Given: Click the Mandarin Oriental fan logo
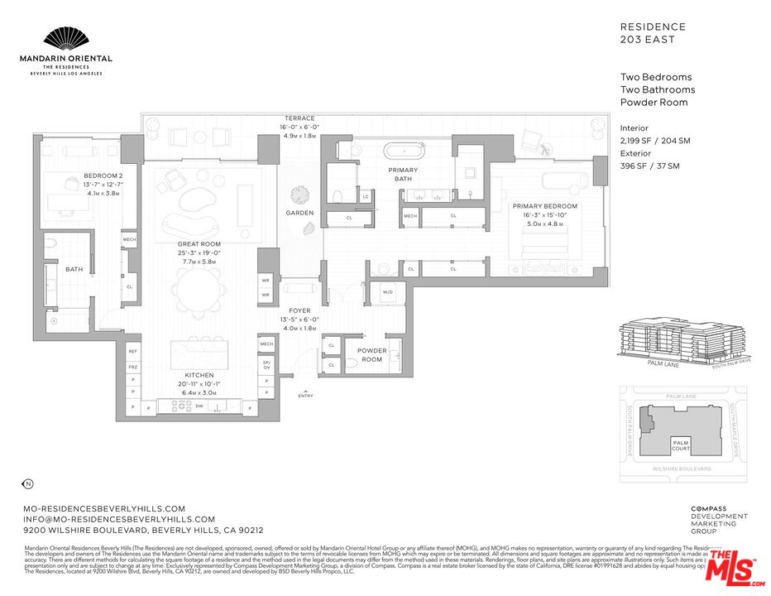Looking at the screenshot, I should click(x=65, y=39).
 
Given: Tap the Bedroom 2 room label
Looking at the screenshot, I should click(x=103, y=176).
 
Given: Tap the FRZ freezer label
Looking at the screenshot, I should click(x=132, y=366).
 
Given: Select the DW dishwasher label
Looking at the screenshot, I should click(x=199, y=406).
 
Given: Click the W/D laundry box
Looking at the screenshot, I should click(x=386, y=291).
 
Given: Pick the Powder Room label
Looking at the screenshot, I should click(x=371, y=354).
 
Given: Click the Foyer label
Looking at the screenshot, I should click(x=299, y=310).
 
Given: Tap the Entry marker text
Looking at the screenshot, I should click(x=306, y=396).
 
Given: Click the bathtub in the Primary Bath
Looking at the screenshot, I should click(x=405, y=152).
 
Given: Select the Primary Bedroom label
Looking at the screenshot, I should click(x=544, y=206).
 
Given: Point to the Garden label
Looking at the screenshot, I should click(x=299, y=213).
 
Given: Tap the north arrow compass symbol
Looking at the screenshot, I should click(x=26, y=483).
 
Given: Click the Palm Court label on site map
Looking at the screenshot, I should click(x=681, y=445).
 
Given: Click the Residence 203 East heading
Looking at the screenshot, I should click(x=653, y=33).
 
